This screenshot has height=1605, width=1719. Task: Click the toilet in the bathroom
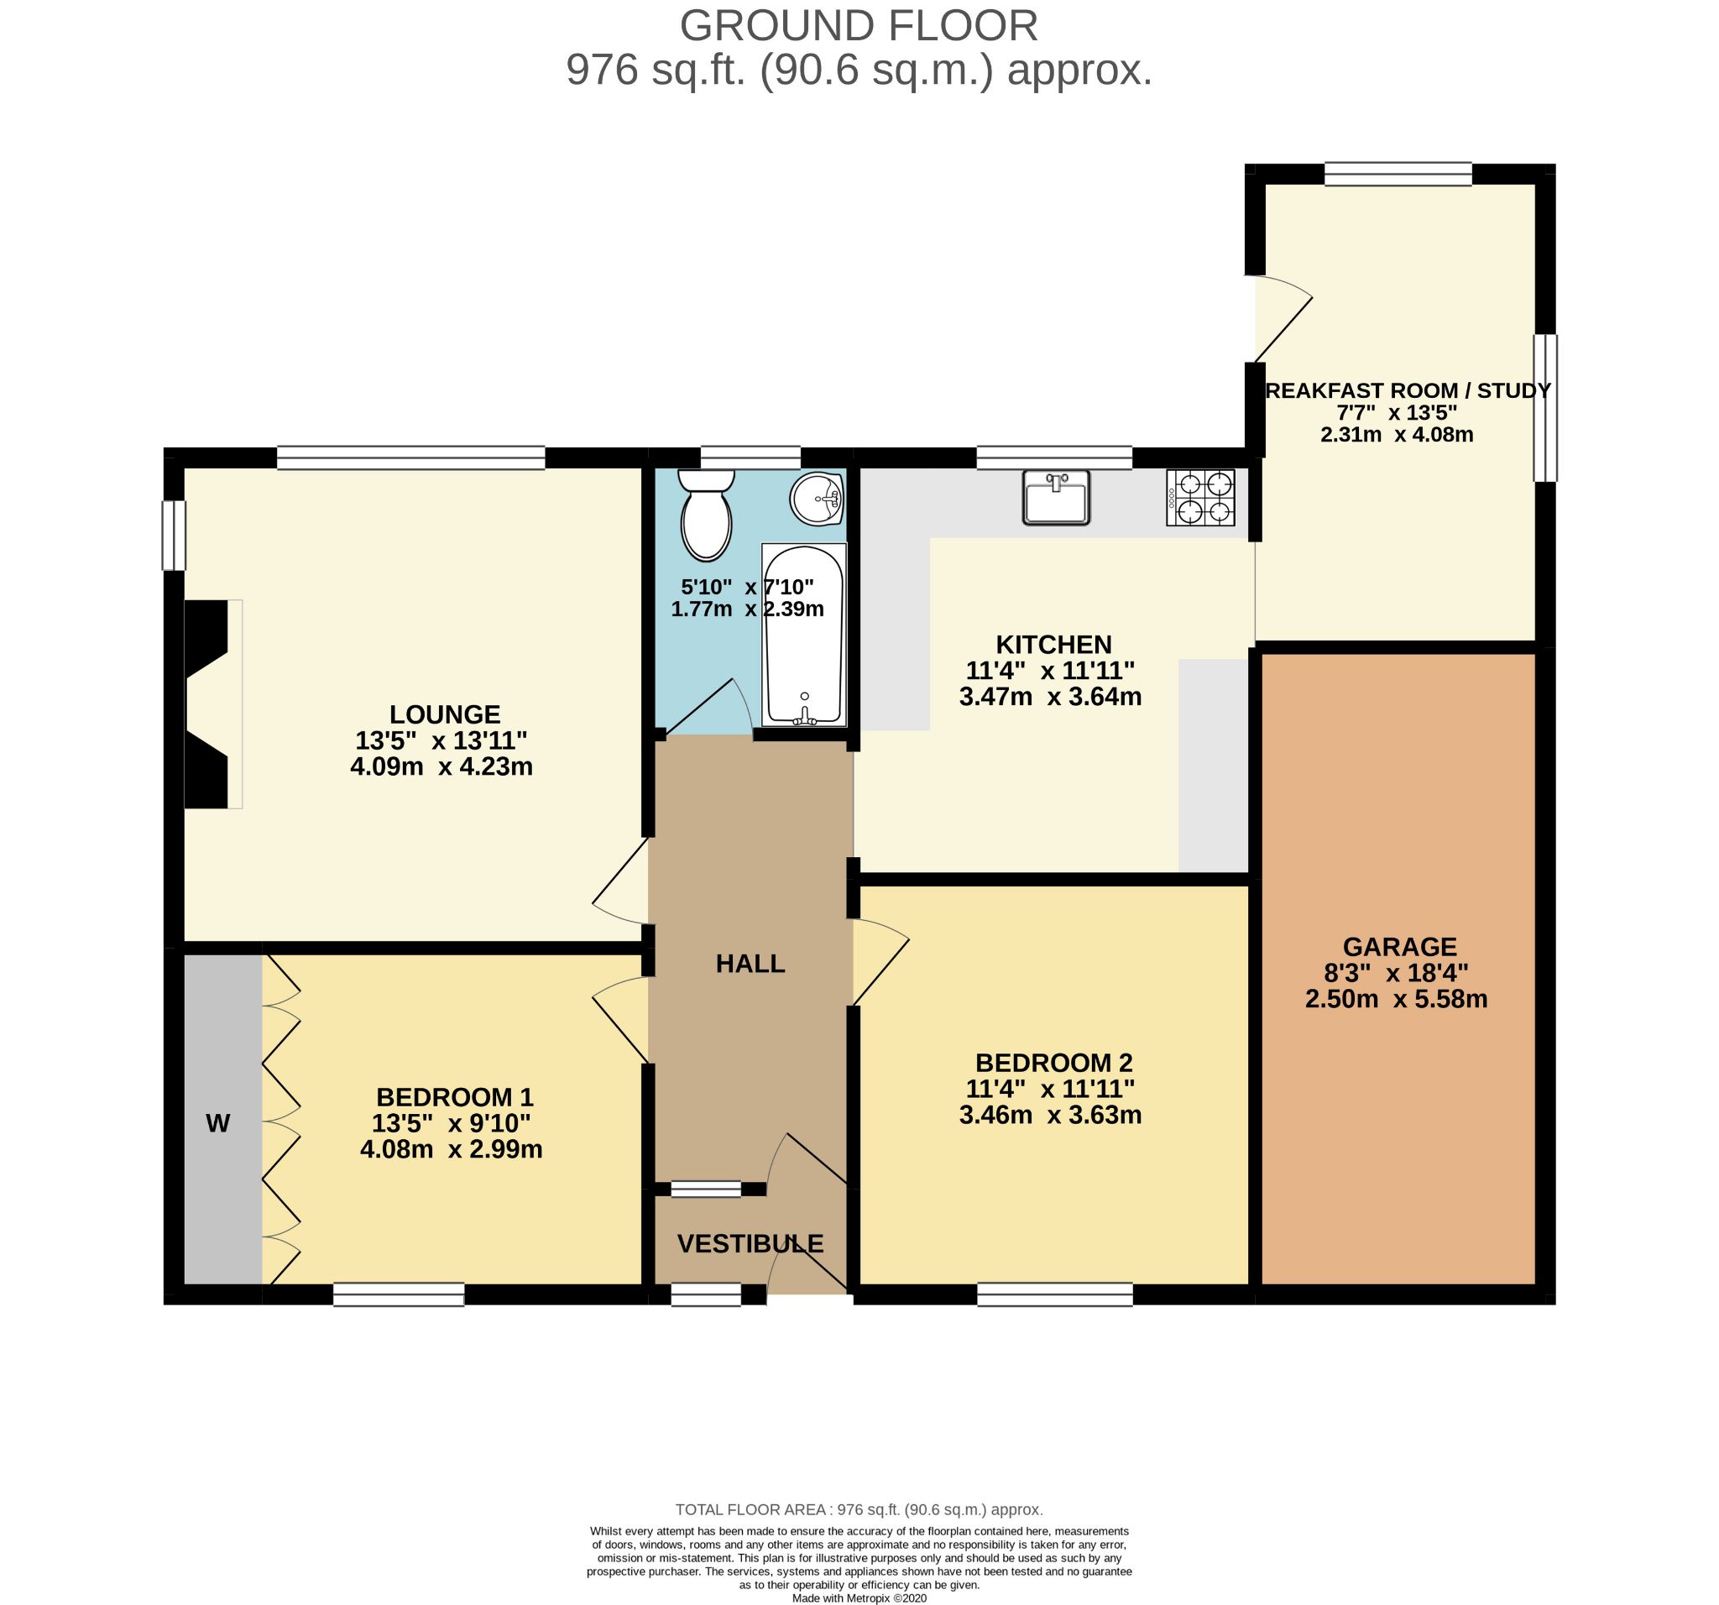point(707,515)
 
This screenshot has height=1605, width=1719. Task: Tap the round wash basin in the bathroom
point(816,498)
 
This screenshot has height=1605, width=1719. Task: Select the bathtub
point(803,635)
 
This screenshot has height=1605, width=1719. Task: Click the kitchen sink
point(1056,497)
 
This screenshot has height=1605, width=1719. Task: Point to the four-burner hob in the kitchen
point(1201,497)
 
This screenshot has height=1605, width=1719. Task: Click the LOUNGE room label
point(445,714)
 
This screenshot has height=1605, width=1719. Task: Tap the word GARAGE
point(1400,947)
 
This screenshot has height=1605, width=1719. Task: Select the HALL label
point(750,964)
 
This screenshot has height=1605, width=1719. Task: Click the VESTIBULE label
point(750,1243)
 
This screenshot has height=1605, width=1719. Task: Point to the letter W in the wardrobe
point(218,1123)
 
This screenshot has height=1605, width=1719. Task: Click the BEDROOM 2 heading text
point(1054,1063)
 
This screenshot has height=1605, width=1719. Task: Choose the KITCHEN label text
point(1054,644)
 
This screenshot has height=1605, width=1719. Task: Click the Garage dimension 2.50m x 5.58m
point(1397,1000)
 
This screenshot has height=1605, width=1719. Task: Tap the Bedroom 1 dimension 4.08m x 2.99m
point(452,1149)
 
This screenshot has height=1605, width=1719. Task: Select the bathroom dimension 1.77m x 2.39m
point(748,609)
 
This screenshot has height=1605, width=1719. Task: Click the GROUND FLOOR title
point(859,26)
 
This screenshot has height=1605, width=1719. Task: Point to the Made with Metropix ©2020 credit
point(859,1598)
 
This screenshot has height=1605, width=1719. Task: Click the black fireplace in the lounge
point(206,704)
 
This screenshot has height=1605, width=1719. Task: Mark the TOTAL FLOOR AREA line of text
point(859,1510)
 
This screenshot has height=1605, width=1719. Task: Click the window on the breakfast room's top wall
point(1398,174)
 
